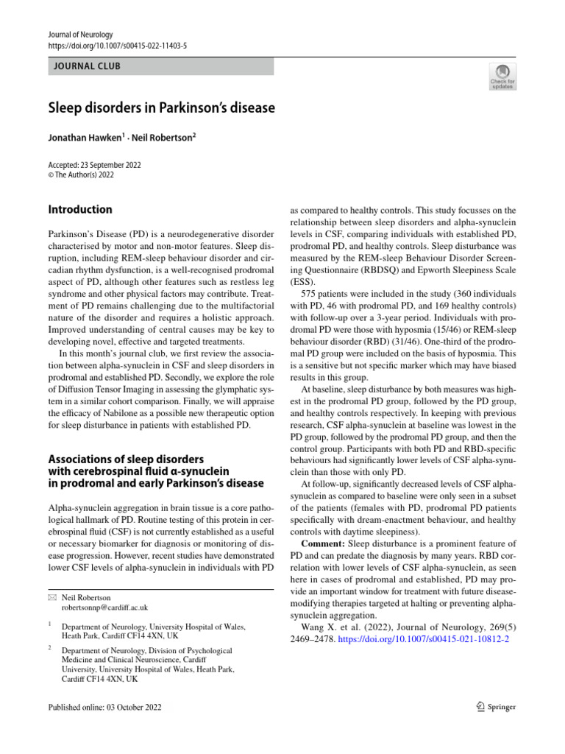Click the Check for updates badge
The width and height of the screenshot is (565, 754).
tap(502, 76)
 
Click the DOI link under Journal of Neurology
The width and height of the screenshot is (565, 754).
tap(116, 46)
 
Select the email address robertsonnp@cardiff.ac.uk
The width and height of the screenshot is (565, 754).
tap(104, 607)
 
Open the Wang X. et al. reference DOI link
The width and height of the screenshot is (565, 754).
tap(424, 640)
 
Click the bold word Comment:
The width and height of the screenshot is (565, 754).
tap(326, 543)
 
